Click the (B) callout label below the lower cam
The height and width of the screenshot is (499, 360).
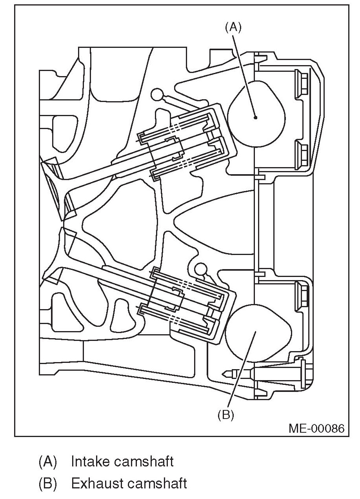point(225,415)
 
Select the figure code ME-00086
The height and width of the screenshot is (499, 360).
point(316,427)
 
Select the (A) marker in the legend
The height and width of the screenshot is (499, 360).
point(47,461)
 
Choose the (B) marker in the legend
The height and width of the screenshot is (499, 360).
point(47,483)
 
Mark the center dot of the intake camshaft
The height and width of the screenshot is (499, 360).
point(255,117)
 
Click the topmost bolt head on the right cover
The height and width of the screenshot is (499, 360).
point(302,82)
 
